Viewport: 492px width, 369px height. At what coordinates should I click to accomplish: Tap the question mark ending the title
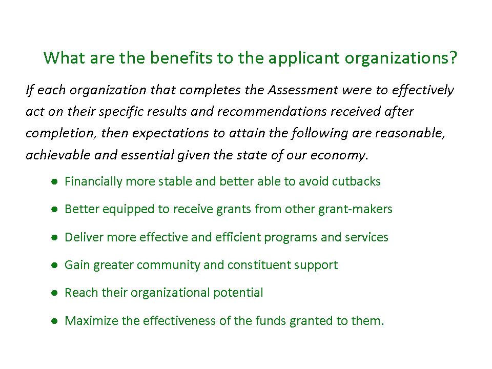pos(453,58)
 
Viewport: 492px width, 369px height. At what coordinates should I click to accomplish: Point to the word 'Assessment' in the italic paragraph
pos(303,90)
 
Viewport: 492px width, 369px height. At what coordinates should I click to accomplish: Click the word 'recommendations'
pos(272,112)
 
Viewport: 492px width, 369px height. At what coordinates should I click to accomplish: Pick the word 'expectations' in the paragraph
pos(170,134)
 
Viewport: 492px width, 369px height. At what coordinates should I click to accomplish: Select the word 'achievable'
pos(58,155)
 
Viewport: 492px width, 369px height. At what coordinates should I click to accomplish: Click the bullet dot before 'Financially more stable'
pos(54,181)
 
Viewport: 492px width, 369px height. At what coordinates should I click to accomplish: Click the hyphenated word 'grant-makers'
pos(355,210)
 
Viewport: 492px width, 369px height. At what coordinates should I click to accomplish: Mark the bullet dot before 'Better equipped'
pos(54,209)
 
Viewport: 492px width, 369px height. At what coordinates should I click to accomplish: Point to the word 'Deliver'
pos(84,237)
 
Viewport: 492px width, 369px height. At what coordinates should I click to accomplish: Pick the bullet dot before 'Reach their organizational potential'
pos(54,293)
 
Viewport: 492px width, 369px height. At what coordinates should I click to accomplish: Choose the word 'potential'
pos(238,293)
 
